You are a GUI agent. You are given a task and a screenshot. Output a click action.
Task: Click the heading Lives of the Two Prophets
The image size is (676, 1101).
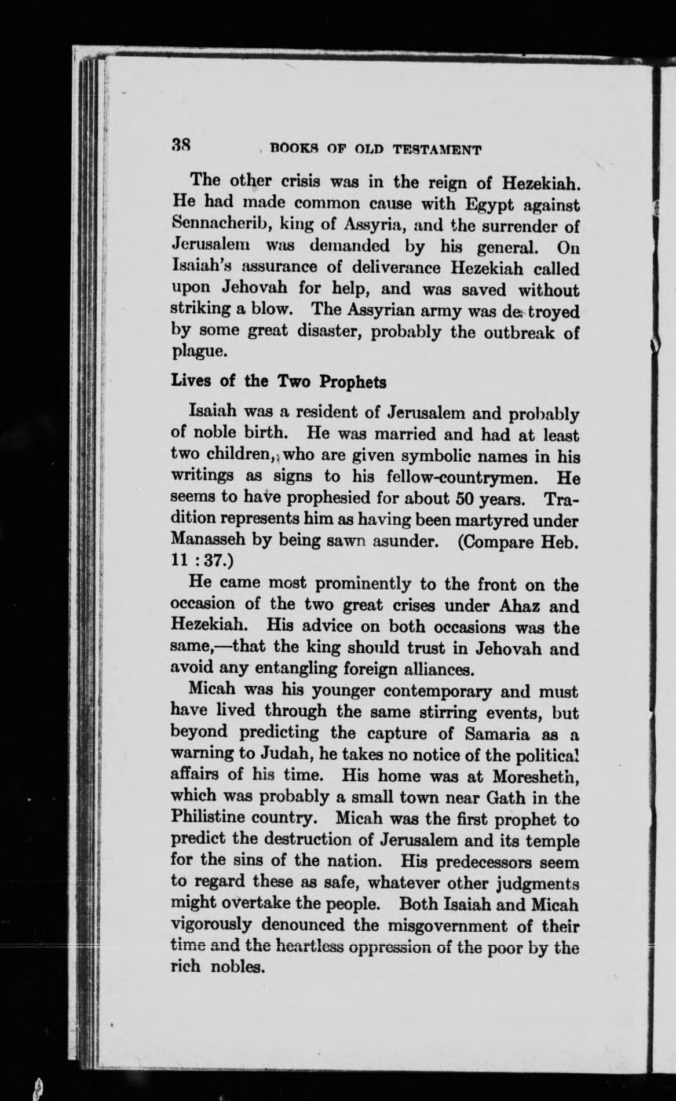tap(279, 382)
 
